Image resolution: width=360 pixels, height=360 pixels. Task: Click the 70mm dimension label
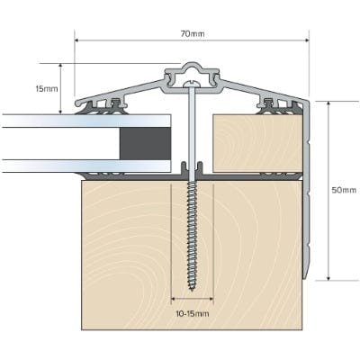193,33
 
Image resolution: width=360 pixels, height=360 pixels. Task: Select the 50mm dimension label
344,189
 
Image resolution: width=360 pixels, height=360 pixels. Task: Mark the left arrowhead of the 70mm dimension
78,40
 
